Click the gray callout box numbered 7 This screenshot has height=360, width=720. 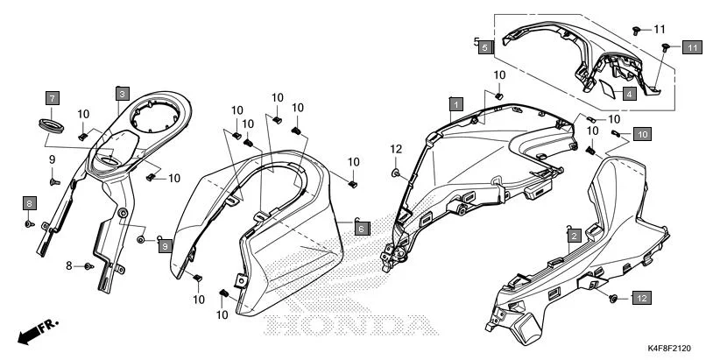[53, 97]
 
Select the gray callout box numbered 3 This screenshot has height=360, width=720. [122, 93]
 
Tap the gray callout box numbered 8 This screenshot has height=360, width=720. [29, 203]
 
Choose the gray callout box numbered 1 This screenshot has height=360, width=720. [455, 103]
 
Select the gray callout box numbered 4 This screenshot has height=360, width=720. [630, 92]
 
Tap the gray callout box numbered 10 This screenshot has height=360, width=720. [642, 134]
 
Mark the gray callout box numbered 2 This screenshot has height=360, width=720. [573, 235]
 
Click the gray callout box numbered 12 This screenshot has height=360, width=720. [641, 299]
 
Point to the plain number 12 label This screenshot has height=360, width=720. [395, 148]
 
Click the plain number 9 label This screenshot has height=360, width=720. [52, 159]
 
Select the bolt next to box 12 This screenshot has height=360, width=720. [613, 299]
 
